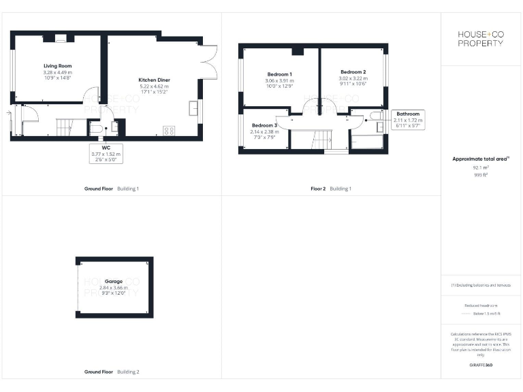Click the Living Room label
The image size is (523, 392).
pos(57,66)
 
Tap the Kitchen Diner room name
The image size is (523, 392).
pos(154,80)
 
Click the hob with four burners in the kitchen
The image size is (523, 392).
pos(169,130)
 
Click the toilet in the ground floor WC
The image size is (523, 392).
pos(96,129)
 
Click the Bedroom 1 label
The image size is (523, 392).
pos(279,74)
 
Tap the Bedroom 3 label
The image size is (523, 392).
pos(264,125)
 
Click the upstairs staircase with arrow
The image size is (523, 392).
pos(321,140)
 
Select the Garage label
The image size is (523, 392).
pos(114,281)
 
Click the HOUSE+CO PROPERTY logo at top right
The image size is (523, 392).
pos(481,38)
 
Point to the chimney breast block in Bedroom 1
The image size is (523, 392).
pos(296,51)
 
